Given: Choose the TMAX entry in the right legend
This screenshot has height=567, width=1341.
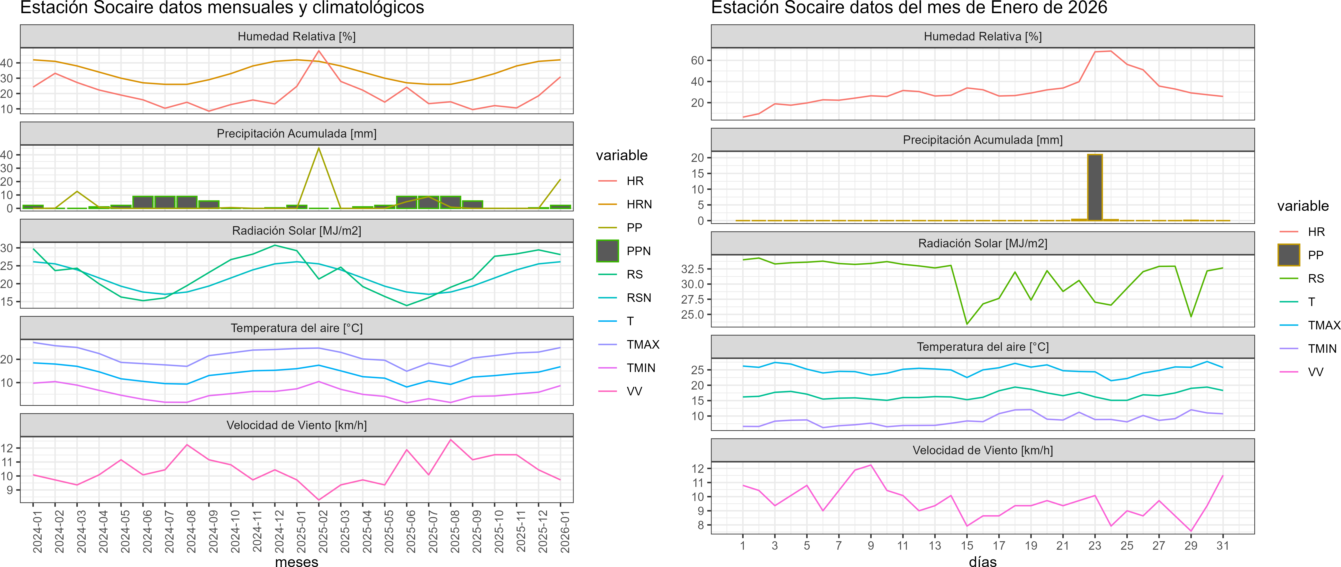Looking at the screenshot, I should click(x=1324, y=325).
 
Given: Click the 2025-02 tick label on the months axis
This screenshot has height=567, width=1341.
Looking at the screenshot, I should click(x=323, y=531).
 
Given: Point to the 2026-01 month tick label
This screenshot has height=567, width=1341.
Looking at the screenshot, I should click(x=565, y=531).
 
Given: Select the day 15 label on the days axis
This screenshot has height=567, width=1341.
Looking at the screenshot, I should click(x=967, y=546).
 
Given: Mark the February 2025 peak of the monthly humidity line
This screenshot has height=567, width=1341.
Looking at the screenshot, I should click(x=319, y=51).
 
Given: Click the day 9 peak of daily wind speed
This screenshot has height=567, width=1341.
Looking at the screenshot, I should click(x=870, y=465).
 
